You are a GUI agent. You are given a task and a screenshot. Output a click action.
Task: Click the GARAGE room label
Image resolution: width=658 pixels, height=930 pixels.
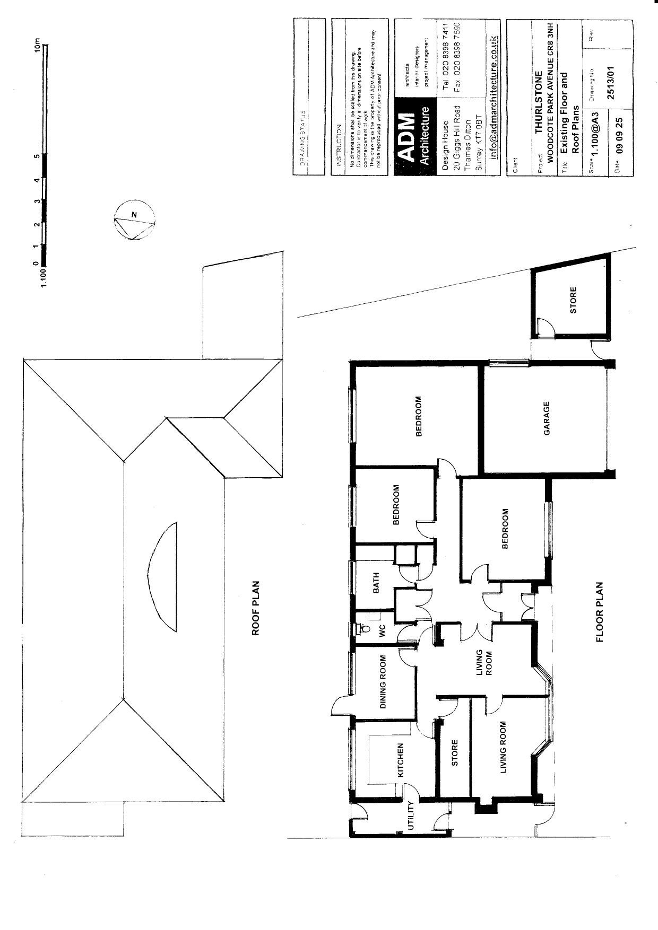(x=547, y=418)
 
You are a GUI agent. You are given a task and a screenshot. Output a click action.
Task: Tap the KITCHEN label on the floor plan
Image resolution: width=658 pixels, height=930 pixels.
(x=401, y=760)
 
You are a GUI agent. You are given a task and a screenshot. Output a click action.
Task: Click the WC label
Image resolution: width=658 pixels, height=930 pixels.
(x=381, y=631)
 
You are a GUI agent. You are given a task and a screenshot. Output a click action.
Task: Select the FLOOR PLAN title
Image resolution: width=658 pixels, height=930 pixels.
(x=600, y=612)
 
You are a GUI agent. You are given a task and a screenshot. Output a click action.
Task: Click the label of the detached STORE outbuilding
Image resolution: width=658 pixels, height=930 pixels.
(x=573, y=300)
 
